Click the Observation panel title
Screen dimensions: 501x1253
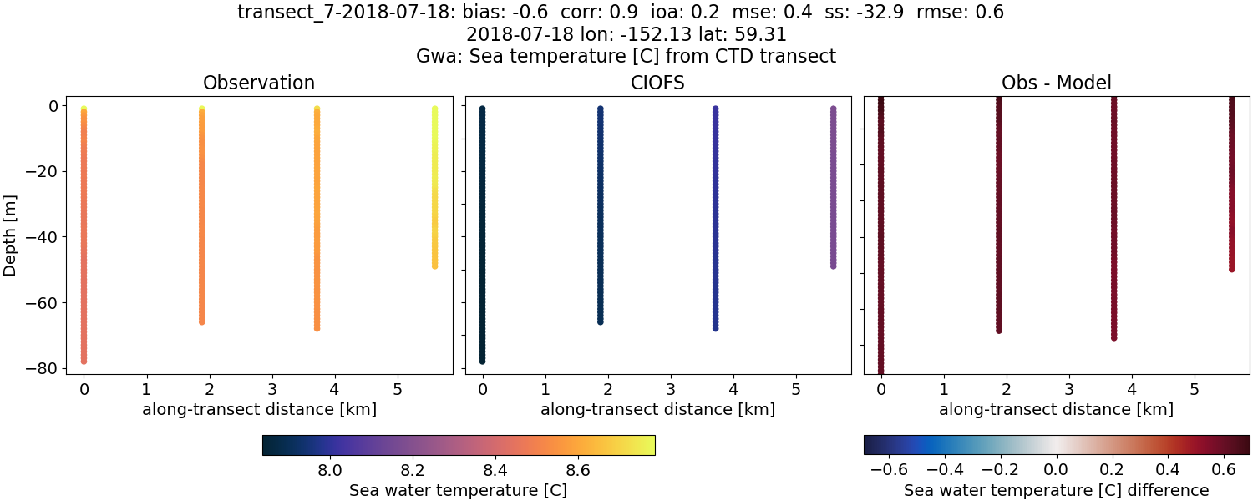(259, 83)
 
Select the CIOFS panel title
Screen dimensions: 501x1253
(657, 83)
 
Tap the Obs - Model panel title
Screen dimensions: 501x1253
(1056, 83)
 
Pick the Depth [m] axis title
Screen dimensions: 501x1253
(10, 236)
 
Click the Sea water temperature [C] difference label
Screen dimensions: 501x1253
(1056, 490)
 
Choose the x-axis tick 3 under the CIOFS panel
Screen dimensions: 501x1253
(671, 389)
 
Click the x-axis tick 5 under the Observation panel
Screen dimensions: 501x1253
(398, 389)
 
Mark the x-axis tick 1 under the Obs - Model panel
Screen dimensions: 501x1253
(944, 389)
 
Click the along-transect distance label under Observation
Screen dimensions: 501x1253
(259, 409)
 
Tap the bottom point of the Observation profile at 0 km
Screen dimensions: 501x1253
(84, 361)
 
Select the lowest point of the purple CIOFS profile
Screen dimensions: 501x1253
(833, 266)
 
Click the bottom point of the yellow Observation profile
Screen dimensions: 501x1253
(434, 266)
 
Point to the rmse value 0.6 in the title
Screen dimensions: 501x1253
(992, 13)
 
